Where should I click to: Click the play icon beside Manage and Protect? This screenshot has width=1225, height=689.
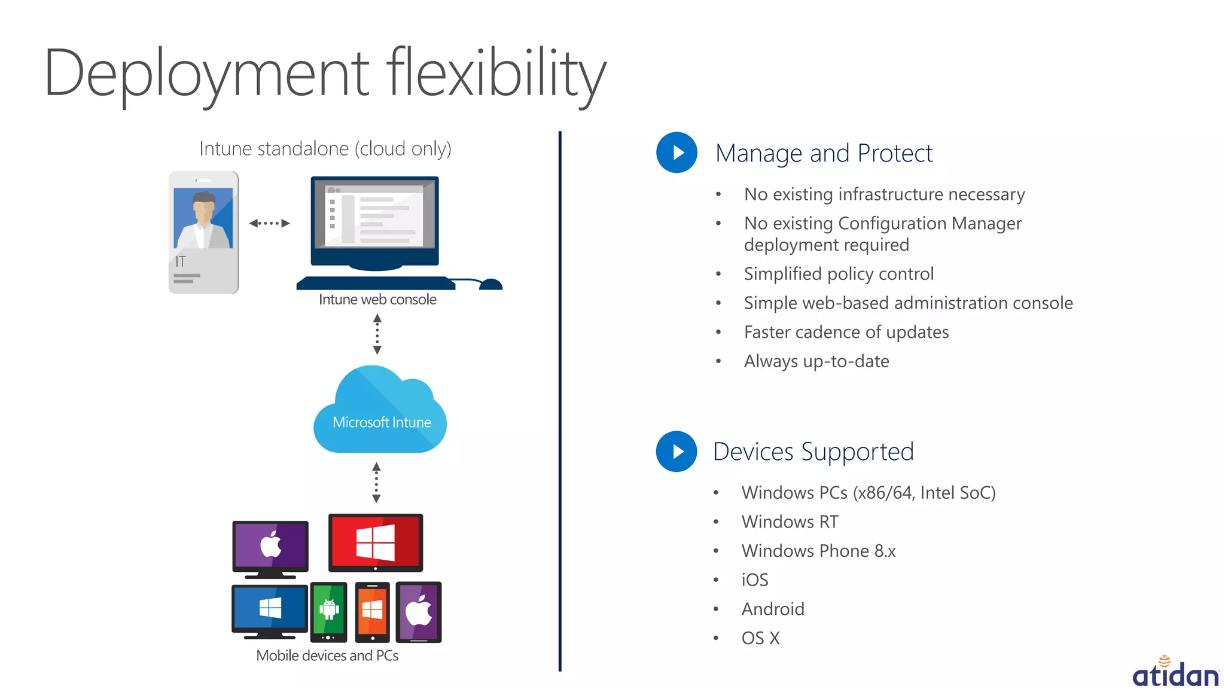(677, 153)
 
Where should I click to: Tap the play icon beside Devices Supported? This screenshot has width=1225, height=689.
(677, 452)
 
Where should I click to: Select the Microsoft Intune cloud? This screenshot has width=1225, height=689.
(380, 413)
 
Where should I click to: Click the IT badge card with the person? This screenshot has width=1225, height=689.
(203, 232)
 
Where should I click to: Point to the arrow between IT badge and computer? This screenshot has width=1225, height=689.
(269, 223)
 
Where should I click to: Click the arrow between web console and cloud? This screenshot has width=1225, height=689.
(377, 334)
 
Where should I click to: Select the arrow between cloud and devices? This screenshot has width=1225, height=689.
(376, 482)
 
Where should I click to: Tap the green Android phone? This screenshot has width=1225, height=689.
(328, 611)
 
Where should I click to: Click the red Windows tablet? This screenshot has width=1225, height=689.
(376, 542)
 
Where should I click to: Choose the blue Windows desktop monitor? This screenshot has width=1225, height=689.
(270, 609)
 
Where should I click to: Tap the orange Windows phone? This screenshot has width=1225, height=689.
(372, 611)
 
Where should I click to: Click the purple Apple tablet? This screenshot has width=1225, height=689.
(419, 612)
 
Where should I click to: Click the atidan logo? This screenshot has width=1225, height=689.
(1175, 673)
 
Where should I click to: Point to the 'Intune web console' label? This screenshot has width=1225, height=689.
(377, 300)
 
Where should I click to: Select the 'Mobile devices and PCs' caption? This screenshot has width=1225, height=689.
(327, 656)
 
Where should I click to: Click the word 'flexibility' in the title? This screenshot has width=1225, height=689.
(496, 75)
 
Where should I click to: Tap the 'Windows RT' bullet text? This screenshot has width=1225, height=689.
(790, 522)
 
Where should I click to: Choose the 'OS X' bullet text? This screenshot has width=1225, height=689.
(760, 638)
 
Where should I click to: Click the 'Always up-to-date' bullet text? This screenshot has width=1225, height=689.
(816, 361)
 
